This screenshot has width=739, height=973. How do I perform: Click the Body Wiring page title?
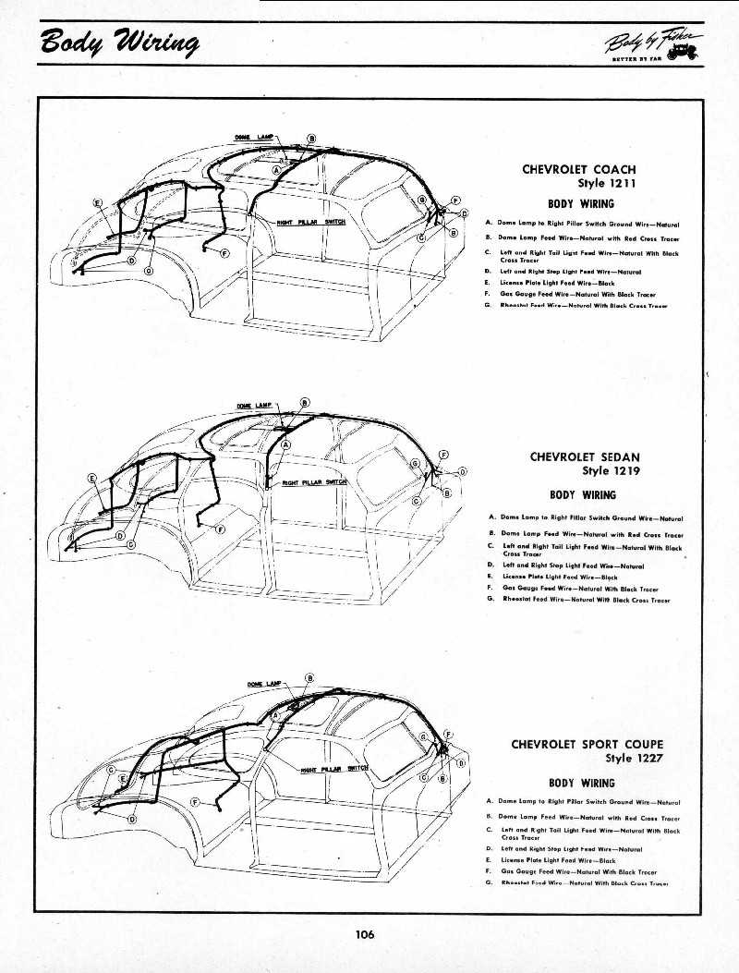click(x=119, y=43)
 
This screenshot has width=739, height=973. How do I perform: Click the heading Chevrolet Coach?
click(x=579, y=169)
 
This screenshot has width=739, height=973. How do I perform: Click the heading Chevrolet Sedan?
click(x=585, y=456)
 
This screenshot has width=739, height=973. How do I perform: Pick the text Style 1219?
click(x=611, y=470)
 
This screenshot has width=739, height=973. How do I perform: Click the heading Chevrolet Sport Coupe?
click(x=588, y=744)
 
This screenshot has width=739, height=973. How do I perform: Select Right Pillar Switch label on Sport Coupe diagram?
click(x=335, y=768)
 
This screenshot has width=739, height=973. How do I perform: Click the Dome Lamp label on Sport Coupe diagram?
click(x=263, y=684)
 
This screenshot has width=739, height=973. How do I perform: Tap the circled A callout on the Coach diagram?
click(x=277, y=171)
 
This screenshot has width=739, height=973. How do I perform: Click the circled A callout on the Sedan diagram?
click(x=285, y=444)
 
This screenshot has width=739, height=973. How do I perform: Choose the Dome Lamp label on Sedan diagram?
click(x=255, y=406)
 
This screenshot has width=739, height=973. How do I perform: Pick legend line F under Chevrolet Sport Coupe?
click(x=578, y=870)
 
